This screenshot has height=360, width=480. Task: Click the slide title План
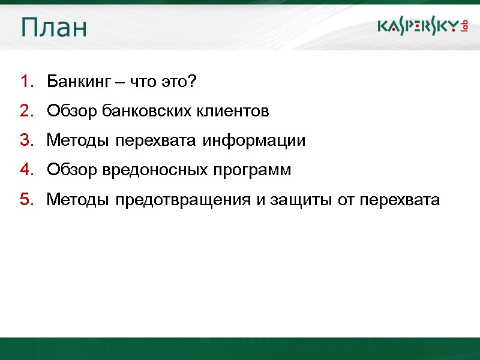(x=53, y=28)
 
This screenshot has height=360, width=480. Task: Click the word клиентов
(x=233, y=111)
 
